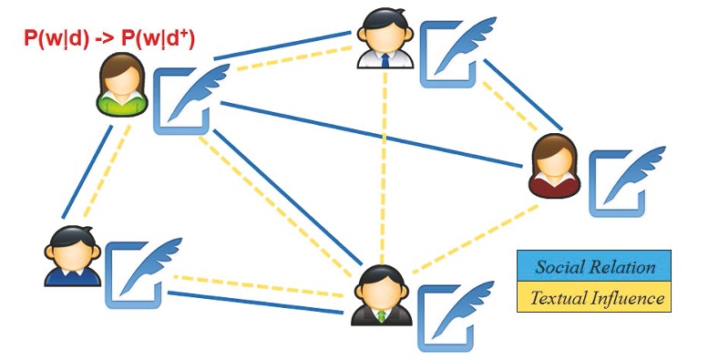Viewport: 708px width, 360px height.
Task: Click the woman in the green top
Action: (x=121, y=85)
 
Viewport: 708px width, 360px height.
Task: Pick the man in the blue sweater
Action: (x=72, y=256)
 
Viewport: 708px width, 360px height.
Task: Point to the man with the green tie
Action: (x=382, y=295)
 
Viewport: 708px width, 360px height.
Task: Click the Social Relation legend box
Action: (x=594, y=266)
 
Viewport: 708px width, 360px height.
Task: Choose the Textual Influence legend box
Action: (x=594, y=297)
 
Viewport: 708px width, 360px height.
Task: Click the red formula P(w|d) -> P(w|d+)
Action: (x=109, y=39)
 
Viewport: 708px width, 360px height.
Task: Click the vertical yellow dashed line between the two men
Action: (x=384, y=167)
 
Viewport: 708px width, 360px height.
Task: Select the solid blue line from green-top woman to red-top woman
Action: (x=371, y=135)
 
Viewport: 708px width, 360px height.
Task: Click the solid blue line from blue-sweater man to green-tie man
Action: (x=255, y=303)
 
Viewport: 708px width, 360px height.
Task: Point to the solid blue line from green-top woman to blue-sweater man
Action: (x=87, y=172)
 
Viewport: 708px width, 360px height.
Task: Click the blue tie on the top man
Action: (x=385, y=60)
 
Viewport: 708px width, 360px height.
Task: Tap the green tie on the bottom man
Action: (x=382, y=316)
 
